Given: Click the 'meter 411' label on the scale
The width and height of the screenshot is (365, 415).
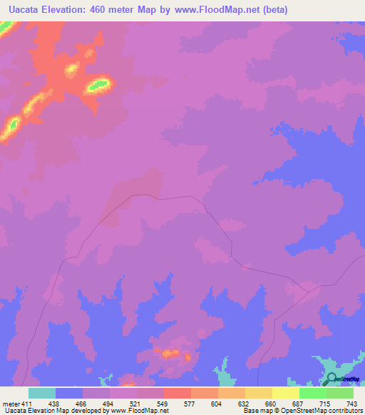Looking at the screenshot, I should [x=16, y=403].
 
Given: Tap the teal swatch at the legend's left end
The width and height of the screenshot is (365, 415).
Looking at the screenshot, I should [x=42, y=393].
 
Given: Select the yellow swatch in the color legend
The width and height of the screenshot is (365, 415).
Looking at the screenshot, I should [x=286, y=393].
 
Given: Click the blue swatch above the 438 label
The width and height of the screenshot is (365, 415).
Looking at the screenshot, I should [x=69, y=393].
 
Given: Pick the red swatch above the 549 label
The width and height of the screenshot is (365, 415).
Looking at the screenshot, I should [x=178, y=393].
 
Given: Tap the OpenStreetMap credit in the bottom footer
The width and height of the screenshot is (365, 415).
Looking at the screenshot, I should [x=319, y=411].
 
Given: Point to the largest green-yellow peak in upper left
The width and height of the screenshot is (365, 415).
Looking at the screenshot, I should [x=97, y=85].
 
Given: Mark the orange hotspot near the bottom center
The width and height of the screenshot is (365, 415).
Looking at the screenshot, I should [x=170, y=352].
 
